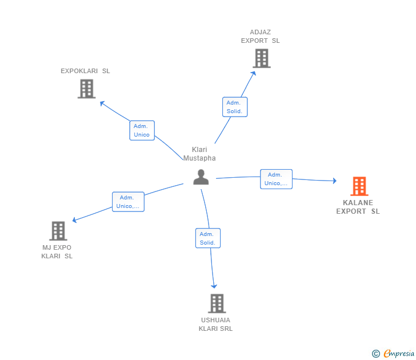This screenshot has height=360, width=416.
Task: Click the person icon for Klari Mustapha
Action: click(201, 177)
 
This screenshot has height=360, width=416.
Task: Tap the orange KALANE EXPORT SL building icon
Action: click(359, 186)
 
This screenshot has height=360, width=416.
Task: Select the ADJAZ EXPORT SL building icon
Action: click(261, 58)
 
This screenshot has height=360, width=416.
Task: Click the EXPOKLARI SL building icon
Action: click(86, 89)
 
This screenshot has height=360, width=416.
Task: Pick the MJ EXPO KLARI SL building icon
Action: click(58, 231)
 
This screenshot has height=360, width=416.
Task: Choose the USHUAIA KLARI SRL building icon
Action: click(217, 303)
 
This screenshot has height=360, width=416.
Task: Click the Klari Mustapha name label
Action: click(199, 154)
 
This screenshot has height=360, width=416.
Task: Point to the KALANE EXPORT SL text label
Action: click(358, 207)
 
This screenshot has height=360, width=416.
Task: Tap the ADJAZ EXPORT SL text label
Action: click(261, 37)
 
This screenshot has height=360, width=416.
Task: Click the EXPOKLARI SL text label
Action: click(85, 71)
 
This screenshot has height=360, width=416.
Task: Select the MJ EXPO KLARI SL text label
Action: click(57, 252)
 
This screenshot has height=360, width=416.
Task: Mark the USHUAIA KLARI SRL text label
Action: click(215, 324)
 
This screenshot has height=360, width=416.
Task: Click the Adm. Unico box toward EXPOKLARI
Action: click(142, 130)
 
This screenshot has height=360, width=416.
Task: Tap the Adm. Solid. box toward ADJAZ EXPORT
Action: click(234, 107)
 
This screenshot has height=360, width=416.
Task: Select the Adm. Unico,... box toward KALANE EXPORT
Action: click(276, 179)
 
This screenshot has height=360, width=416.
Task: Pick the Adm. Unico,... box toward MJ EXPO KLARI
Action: click(128, 202)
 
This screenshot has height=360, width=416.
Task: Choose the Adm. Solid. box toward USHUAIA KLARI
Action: click(207, 238)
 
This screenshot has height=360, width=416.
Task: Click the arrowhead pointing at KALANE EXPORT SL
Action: click(334, 181)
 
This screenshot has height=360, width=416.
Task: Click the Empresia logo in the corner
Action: click(393, 354)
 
